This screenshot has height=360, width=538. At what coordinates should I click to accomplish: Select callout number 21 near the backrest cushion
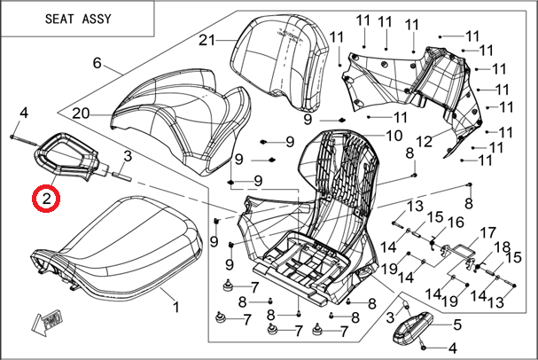[x=207, y=40]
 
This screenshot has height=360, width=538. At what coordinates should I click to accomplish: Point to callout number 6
[x=97, y=64]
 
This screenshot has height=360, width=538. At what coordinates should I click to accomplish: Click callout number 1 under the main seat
[x=175, y=308]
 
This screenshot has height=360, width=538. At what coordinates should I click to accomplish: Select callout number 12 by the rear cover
[x=424, y=141]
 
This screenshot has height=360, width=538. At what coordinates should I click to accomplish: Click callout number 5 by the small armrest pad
[x=457, y=325]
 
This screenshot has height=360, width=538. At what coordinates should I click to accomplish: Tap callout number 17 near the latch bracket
[x=487, y=233]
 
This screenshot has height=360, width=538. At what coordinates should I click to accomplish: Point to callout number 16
[x=457, y=222]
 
